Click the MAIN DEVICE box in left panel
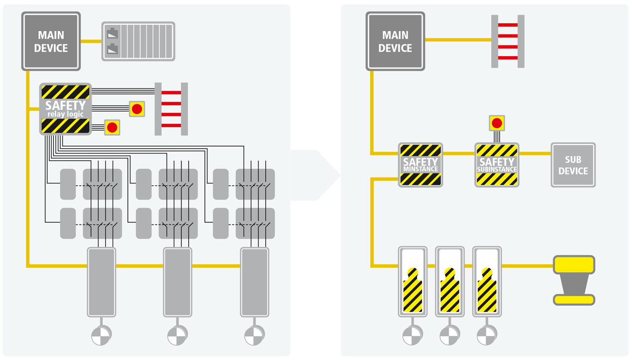point(51,42)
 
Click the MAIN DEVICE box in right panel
point(395,42)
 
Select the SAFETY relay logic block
point(66,109)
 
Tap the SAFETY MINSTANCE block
point(421,165)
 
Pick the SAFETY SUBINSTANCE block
point(497,165)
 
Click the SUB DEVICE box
point(573,165)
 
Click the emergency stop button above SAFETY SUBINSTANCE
point(497,123)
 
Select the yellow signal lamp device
point(574,280)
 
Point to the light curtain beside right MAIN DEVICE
point(508,41)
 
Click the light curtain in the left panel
point(171,109)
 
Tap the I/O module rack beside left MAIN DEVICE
point(138,41)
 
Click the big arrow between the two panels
point(315,176)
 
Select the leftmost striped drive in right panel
point(413,282)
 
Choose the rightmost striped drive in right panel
point(488,282)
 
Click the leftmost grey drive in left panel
point(102,282)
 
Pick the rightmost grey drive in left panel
point(254,282)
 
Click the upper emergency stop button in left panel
point(137,109)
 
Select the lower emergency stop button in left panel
point(112,127)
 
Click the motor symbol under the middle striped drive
point(449,336)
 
